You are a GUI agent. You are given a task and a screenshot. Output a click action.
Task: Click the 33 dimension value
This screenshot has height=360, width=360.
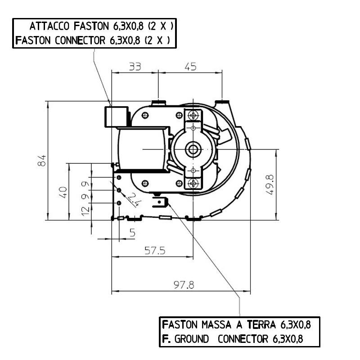135,67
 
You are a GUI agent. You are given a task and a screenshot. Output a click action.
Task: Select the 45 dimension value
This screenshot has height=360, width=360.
190,67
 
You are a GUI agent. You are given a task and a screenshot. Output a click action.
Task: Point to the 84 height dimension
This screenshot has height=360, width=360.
41,161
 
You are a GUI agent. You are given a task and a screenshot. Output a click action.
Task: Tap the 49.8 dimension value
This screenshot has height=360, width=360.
270,184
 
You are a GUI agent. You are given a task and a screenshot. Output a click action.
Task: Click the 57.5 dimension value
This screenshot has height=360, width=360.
155,251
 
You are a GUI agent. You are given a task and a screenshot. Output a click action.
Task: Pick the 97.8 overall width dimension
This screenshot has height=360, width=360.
184,285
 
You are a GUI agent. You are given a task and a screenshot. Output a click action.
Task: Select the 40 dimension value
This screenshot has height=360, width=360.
63,193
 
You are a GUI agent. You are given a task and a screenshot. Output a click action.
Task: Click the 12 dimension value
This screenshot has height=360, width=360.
85,211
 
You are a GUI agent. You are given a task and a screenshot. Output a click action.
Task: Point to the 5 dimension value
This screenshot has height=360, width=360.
132,233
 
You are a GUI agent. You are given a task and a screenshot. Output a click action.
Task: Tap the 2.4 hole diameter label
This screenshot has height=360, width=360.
134,200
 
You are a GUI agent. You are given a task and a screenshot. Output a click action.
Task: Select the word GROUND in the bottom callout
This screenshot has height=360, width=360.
192,339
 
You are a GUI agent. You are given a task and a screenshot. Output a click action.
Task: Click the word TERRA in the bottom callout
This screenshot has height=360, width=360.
261,324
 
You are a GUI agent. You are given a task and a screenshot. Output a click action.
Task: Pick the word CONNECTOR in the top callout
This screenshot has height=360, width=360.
80,40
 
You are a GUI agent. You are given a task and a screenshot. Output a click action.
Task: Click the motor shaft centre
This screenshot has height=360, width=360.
193,149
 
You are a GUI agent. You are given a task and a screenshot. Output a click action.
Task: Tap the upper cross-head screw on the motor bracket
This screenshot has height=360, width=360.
193,115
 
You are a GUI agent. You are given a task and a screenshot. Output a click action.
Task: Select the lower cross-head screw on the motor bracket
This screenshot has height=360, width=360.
193,183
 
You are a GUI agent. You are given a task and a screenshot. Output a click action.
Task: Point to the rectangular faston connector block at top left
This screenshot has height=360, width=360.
117,117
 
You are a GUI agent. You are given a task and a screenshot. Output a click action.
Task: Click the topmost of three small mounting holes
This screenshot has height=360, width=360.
119,177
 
